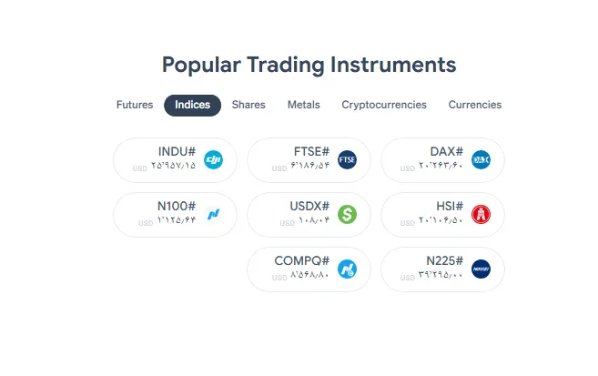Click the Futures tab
point(135,105)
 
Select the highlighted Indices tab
point(192,105)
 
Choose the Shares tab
point(248,105)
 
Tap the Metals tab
point(303,105)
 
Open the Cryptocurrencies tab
point(384,105)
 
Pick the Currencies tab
point(474,105)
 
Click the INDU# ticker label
point(177,152)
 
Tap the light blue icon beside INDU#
point(214,160)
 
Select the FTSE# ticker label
point(310,152)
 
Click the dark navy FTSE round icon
point(347,160)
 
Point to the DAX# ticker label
point(446,152)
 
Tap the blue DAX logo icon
point(481,160)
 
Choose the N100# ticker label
point(176,207)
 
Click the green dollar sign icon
point(347,215)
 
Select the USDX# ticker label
point(309,207)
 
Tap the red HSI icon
point(481,215)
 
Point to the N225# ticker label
point(444,261)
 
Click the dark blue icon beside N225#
point(481,269)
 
